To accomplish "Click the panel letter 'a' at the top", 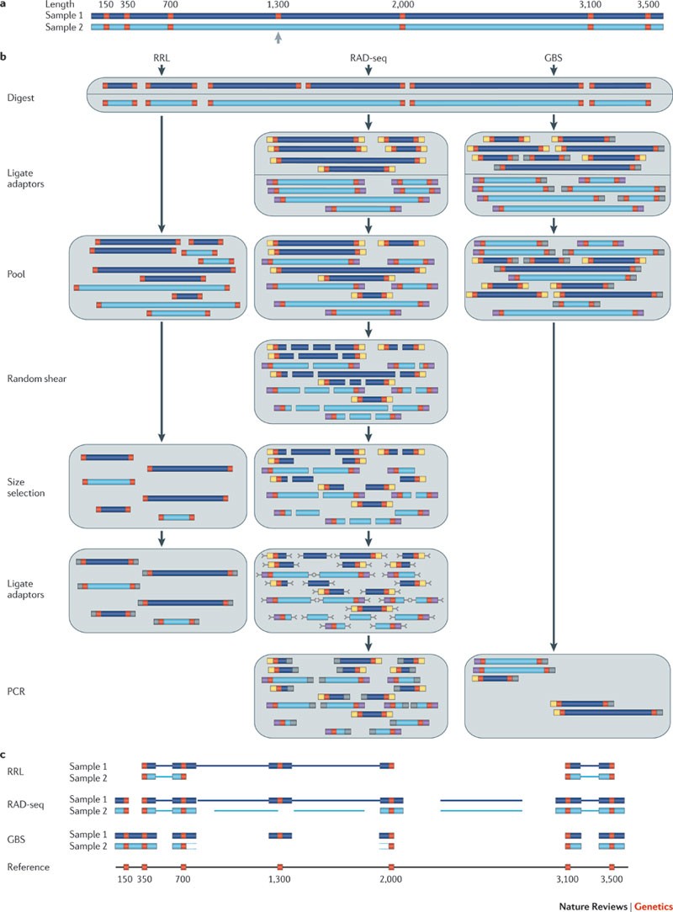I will [x=3, y=4].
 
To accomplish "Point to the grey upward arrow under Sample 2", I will [x=278, y=38].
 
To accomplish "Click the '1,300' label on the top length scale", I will [x=278, y=5].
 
